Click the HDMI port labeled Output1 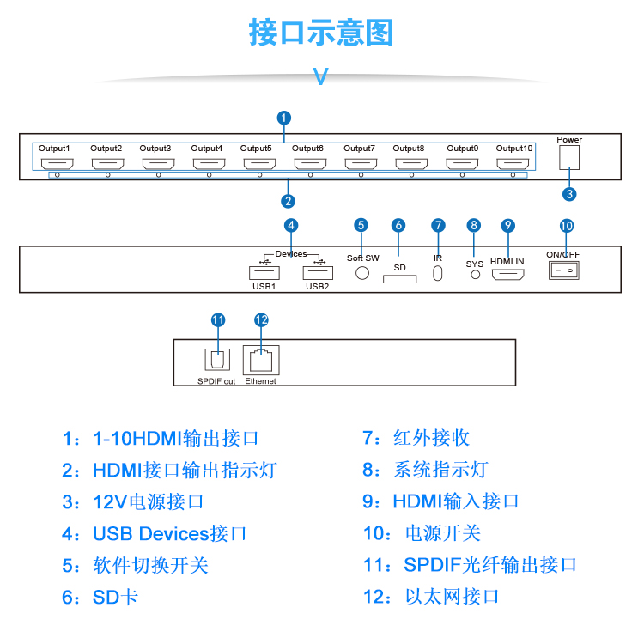[x=58, y=163]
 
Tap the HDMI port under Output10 [x=513, y=163]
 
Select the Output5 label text [x=256, y=149]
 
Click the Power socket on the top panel [x=569, y=157]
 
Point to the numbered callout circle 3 [x=569, y=194]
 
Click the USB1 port [x=263, y=272]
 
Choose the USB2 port [x=317, y=272]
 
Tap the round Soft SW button [x=362, y=272]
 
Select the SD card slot [x=400, y=278]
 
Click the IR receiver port [x=438, y=274]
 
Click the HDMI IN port [x=507, y=275]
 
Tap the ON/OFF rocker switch [x=564, y=270]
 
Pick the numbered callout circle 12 [x=261, y=319]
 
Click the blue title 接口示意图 [x=321, y=33]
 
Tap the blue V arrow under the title [x=321, y=76]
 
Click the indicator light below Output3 [x=158, y=175]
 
